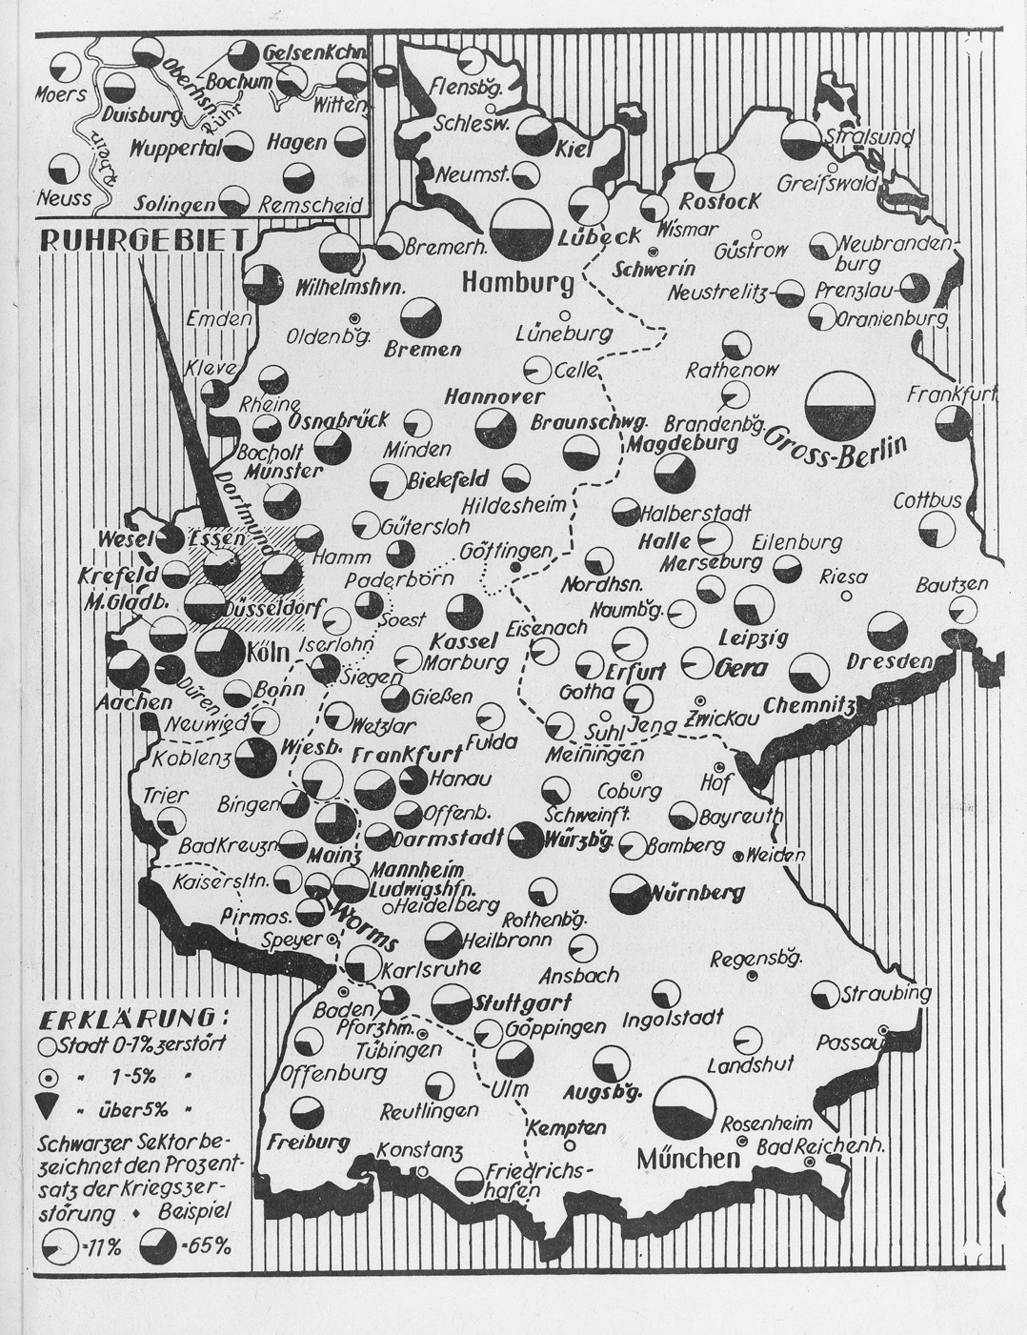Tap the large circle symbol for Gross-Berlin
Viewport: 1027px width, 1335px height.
[x=839, y=405]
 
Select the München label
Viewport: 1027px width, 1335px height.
[x=689, y=1158]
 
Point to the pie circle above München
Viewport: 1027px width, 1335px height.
[x=684, y=1108]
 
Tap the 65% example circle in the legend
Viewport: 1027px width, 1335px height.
[x=157, y=1244]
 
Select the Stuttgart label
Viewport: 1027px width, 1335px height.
[x=522, y=1002]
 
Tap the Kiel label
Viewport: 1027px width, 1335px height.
[x=574, y=151]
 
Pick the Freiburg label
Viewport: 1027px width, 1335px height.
[x=310, y=1142]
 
